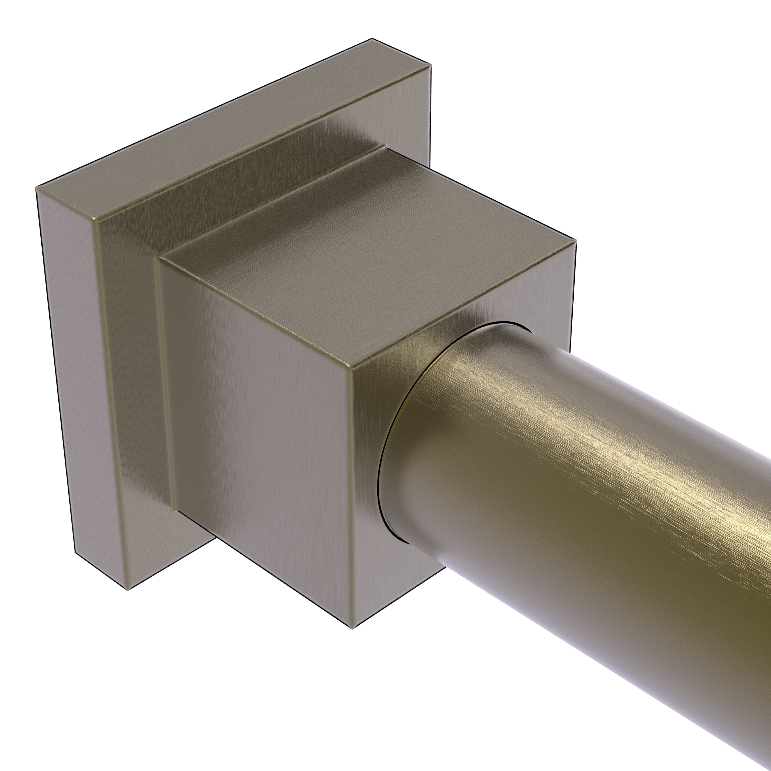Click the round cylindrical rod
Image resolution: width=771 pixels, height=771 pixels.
(579, 499)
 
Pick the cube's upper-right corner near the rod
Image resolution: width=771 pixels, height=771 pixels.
(576, 240)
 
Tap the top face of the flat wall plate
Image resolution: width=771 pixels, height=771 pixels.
(240, 132)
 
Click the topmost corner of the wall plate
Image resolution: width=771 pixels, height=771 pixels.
(372, 38)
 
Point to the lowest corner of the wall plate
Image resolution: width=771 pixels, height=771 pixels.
(127, 590)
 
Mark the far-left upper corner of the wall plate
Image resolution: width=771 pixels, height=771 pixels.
(36, 187)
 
